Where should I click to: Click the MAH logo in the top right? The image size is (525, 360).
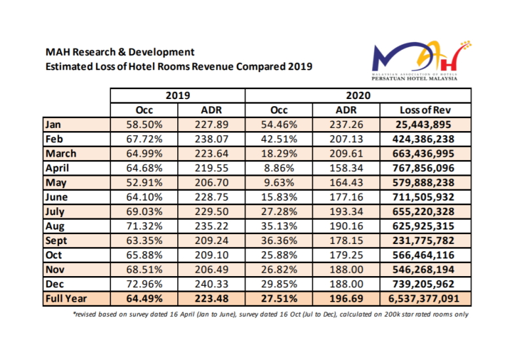coord(414,62)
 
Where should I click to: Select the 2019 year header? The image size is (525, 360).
coord(177,96)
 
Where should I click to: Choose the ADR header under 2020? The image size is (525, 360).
coord(346,110)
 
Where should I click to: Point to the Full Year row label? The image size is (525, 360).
coord(66,298)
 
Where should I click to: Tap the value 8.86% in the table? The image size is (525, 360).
coord(280,168)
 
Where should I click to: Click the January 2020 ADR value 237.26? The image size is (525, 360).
coord(346,125)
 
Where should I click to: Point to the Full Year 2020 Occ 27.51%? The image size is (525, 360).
coord(280,298)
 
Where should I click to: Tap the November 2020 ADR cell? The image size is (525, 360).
coord(346,269)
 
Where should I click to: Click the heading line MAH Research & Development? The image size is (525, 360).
coord(119,52)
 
